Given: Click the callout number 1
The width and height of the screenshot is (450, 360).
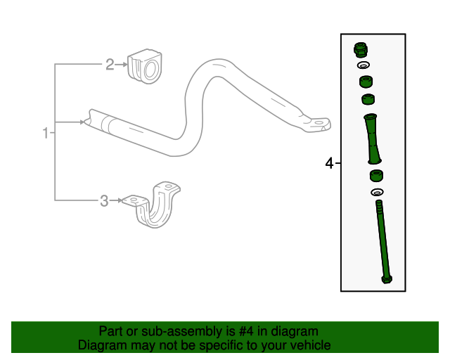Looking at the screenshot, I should pos(46,133).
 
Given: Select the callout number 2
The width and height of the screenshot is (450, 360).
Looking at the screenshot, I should pos(110,65).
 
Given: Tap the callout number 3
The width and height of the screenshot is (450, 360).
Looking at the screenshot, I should pos(104,201).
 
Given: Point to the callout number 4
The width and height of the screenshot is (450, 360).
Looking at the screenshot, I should pos(329,164).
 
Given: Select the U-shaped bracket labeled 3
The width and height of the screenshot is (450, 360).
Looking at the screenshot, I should pos(160,207).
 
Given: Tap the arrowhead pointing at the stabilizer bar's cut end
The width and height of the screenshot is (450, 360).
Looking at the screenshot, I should pos(84,122).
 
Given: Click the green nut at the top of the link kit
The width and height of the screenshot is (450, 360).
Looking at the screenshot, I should pos(361,49).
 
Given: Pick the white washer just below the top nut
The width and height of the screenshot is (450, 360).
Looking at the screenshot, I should pos(364,65).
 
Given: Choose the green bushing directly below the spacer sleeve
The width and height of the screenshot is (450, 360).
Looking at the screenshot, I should pos(376,175).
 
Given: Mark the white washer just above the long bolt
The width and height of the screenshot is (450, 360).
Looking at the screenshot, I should pos(376,192).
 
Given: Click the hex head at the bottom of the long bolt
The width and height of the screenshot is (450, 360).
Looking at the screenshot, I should pos(386,280).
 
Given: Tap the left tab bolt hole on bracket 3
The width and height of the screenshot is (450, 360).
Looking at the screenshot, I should pos(134,200).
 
